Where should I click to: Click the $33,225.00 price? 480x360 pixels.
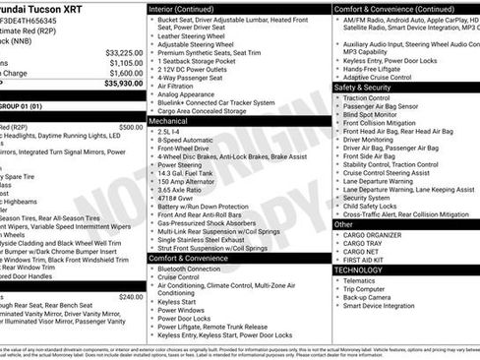[124, 52]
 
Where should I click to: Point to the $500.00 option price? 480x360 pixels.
[131, 127]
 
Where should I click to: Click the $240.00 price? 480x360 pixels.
[131, 296]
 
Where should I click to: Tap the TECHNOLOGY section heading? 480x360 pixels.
[358, 270]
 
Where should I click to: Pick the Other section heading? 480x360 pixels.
[343, 224]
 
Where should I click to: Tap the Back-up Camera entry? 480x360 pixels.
[370, 297]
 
